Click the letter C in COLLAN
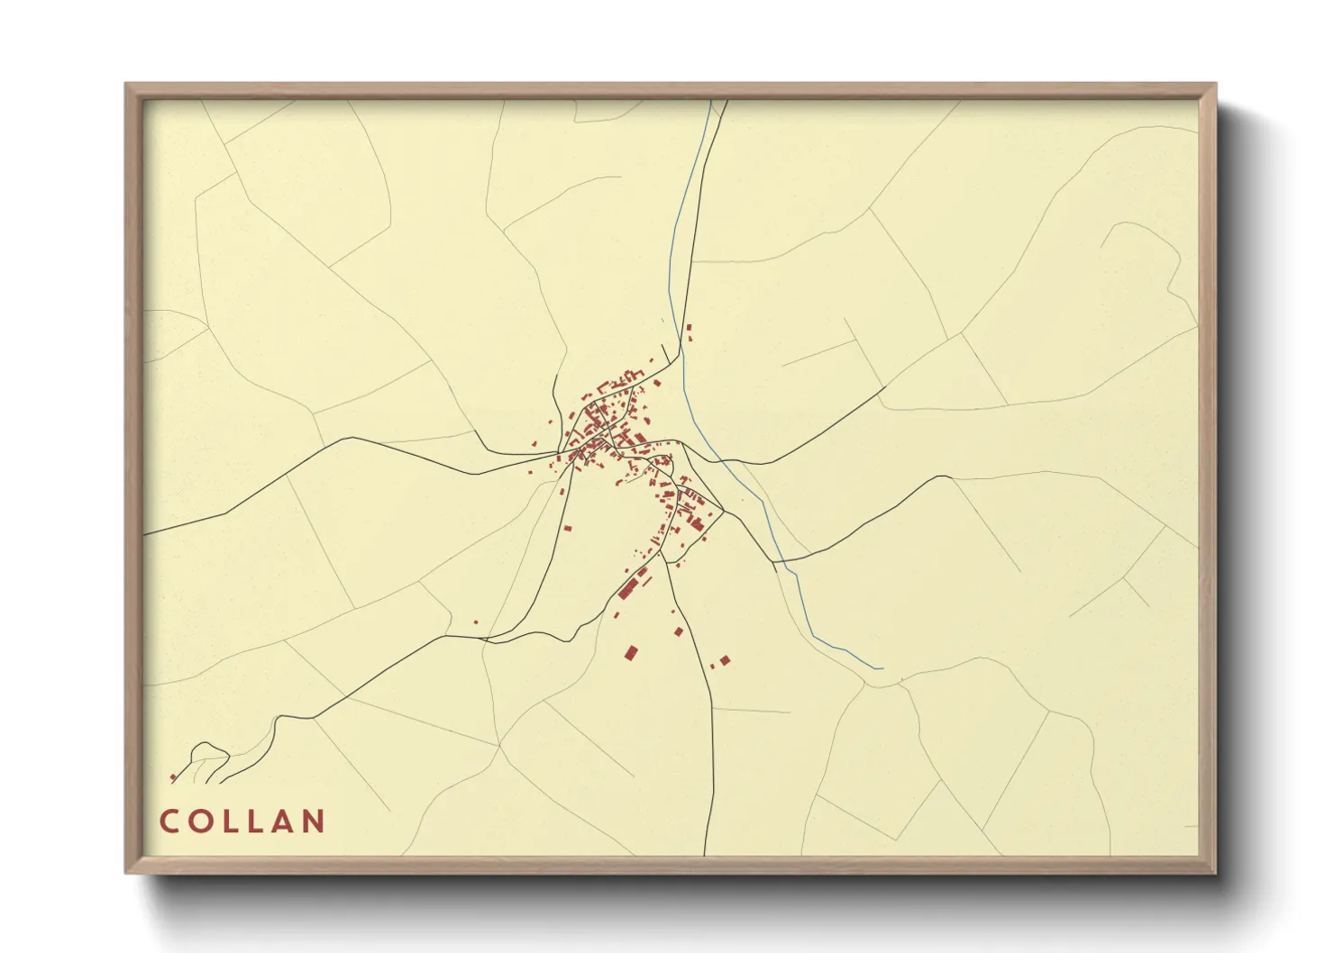coord(169,821)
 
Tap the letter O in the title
coord(199,821)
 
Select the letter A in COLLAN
coord(280,821)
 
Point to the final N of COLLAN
coord(312,821)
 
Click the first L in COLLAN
coord(229,821)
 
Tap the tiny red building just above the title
coord(172,777)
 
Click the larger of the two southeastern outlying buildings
coord(725,660)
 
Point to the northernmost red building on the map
coord(689,327)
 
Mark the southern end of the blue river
coord(879,668)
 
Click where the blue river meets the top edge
coord(710,102)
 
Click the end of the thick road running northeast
coord(885,387)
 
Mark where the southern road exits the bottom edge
coord(705,854)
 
